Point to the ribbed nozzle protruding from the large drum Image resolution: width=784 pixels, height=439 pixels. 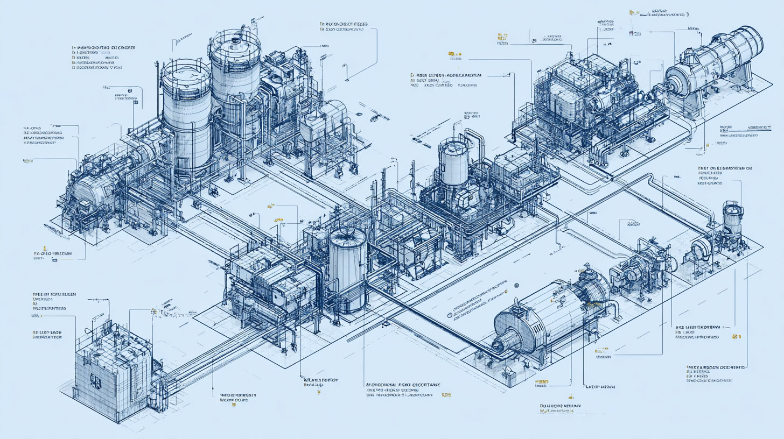[509, 341]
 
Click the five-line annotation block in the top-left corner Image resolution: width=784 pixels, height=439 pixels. [97, 58]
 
